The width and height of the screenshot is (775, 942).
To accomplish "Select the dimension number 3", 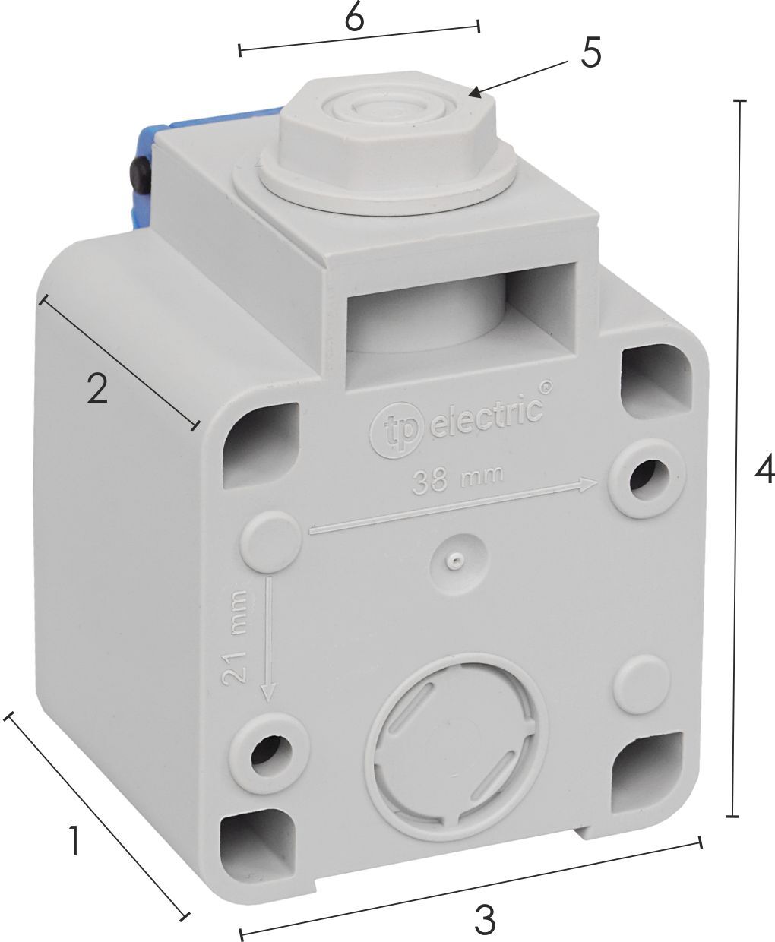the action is click(x=485, y=919).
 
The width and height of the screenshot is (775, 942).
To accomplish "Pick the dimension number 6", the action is click(x=355, y=20).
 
